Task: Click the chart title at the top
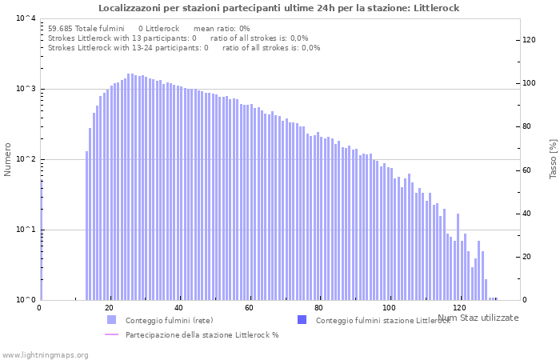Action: coord(279,8)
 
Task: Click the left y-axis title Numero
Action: coord(8,159)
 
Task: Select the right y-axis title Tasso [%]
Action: coord(552,159)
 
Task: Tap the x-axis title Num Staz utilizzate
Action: coord(478,318)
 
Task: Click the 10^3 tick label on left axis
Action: coord(26,89)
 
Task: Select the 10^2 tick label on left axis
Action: coord(26,159)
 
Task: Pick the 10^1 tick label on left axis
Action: coord(26,230)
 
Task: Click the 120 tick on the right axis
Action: coord(529,40)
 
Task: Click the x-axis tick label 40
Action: coord(179,308)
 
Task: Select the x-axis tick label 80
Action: coord(319,308)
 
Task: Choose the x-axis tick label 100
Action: coord(389,308)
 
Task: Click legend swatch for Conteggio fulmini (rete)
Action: coord(111,320)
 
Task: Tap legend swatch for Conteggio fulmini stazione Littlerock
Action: coord(302,320)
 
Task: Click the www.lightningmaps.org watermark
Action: coord(44,354)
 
